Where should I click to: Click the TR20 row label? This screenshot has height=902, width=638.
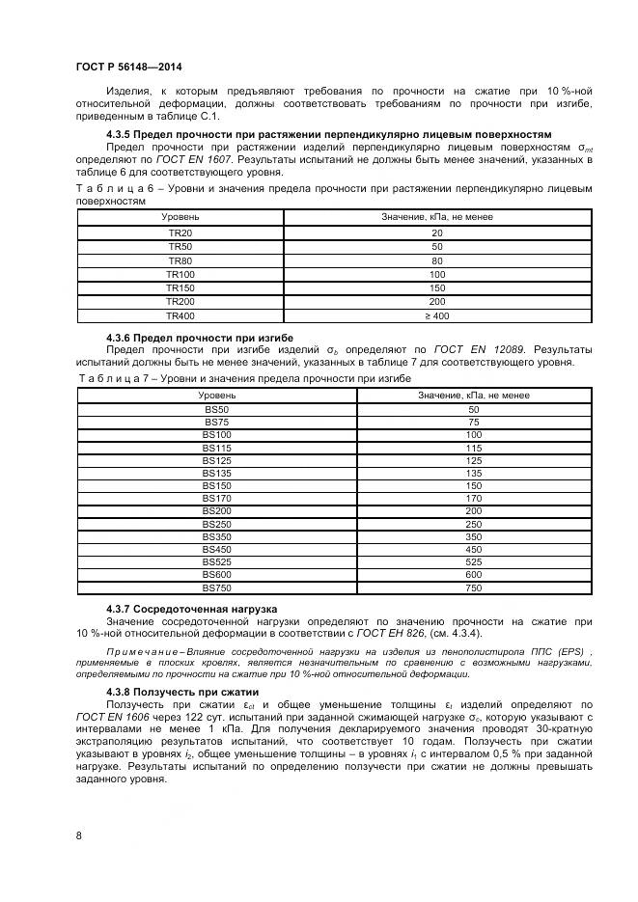(x=180, y=233)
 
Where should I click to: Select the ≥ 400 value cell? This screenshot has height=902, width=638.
(x=437, y=315)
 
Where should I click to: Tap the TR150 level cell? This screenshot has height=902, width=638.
(x=180, y=288)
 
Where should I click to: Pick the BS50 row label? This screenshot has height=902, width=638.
(x=216, y=409)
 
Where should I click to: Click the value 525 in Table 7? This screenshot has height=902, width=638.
(x=473, y=561)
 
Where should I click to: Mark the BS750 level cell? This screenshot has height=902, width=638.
(x=216, y=587)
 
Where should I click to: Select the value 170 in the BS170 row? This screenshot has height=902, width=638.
(x=473, y=498)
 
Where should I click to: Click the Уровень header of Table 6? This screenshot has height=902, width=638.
(x=180, y=217)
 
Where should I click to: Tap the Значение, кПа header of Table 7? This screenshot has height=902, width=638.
(x=473, y=395)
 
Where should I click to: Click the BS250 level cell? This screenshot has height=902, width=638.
(x=216, y=523)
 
